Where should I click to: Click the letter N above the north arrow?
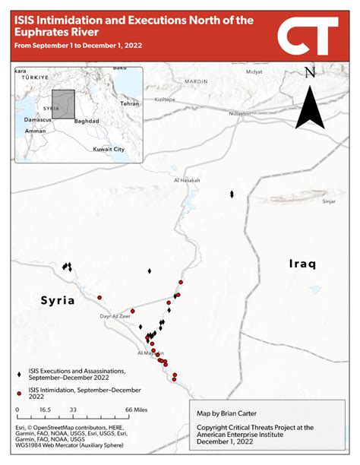(310, 73)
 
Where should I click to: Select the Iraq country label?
(302, 264)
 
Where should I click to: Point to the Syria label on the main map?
(58, 300)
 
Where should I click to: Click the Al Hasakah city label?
(186, 180)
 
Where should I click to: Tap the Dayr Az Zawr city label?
(115, 315)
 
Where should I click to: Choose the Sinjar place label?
(329, 201)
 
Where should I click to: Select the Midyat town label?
(254, 71)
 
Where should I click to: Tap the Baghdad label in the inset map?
(87, 121)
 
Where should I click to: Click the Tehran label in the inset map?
(129, 103)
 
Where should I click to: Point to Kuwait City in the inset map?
(109, 149)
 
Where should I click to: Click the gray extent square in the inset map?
(63, 105)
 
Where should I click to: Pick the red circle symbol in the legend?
(19, 393)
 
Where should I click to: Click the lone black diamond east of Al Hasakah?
(232, 195)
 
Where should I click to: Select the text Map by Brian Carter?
(225, 414)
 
